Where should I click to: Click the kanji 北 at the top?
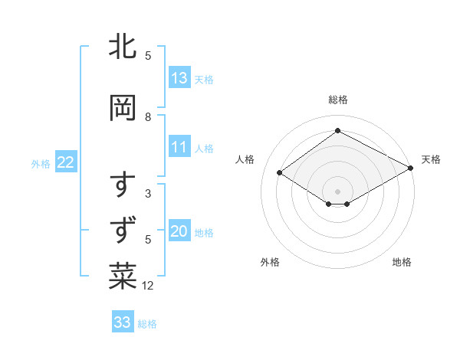tap(123, 47)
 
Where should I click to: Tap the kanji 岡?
tap(123, 108)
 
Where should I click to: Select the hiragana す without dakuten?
tap(123, 186)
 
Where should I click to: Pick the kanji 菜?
tap(123, 277)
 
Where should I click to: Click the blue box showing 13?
tap(179, 78)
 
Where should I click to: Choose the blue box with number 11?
tap(179, 148)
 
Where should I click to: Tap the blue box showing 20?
tap(179, 232)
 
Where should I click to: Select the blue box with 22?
tap(66, 162)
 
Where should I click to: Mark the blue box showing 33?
tap(123, 322)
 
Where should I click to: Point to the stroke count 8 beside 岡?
tap(148, 117)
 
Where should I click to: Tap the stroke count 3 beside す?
tap(148, 194)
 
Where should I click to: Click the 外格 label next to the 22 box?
tap(41, 163)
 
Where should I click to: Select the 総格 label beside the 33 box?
tap(148, 324)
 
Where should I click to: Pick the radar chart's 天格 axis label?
tap(431, 159)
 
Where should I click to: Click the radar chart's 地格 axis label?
tap(402, 262)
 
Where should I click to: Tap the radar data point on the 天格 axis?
tap(412, 169)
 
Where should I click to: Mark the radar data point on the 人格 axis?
tap(280, 173)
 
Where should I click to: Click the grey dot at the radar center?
tap(337, 191)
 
